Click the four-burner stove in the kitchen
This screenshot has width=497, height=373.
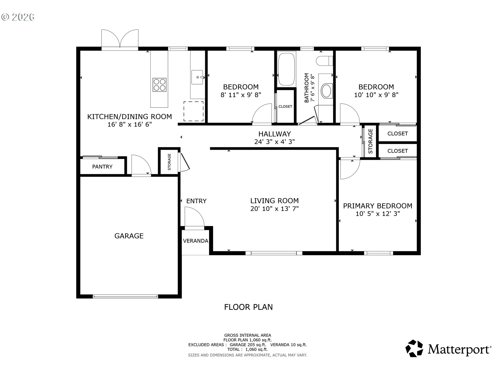159,85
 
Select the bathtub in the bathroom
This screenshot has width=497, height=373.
286,69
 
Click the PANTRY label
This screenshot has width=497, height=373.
102,167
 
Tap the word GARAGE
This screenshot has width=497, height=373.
129,236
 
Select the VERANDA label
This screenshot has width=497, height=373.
195,241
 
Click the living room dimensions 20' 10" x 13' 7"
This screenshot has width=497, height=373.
274,209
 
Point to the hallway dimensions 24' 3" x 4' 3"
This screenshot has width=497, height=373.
274,142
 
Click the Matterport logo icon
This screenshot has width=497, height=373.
414,348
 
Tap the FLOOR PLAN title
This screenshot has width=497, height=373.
248,307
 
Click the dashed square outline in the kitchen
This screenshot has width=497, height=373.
193,111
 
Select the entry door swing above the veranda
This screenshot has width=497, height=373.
194,217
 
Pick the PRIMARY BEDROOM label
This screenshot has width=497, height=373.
378,206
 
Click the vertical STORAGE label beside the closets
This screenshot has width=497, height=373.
370,141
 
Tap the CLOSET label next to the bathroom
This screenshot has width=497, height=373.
285,106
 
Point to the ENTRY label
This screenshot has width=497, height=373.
196,201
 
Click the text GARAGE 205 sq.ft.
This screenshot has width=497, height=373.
248,345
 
